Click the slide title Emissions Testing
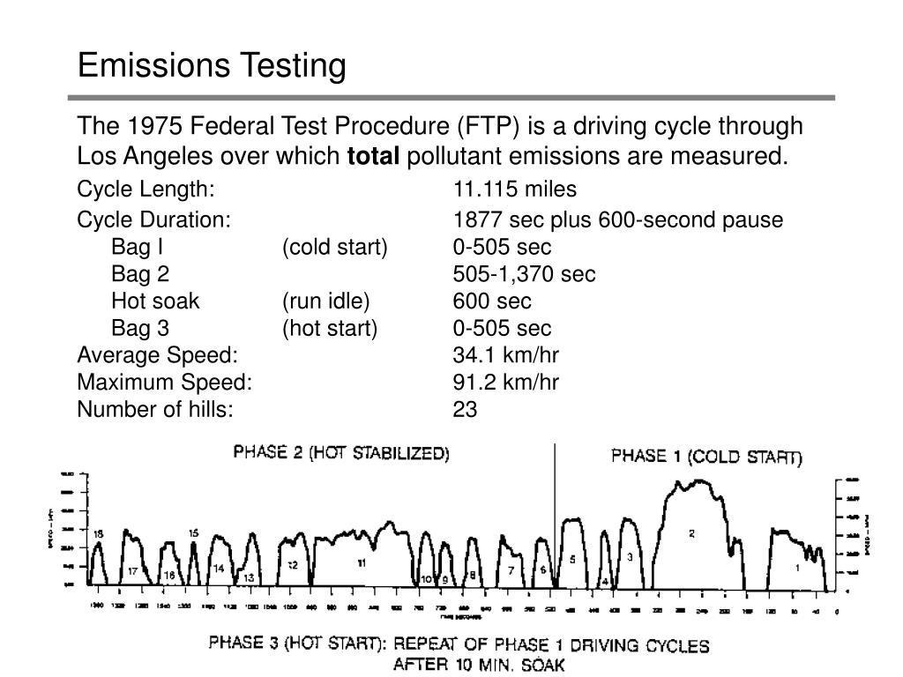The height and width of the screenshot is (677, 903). pos(212,66)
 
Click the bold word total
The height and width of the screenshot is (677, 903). pos(374,157)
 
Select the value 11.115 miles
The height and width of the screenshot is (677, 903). pos(514,190)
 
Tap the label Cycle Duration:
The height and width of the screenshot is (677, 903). pos(154,219)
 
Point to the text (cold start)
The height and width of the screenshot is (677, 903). pos(335,247)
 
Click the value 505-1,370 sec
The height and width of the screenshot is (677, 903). pos(524,274)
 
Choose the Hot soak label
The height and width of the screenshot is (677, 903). pos(155,301)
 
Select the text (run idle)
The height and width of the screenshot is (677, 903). pos(326,301)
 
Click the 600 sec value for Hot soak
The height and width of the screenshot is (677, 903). pos(492,301)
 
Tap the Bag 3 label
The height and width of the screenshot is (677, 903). pos(140,329)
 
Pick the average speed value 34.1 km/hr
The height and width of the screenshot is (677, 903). pos(506,355)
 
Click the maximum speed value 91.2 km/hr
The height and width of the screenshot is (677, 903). pos(506,382)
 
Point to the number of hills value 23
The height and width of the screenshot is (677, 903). pos(465,409)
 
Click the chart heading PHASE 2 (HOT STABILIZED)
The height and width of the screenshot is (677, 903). pos(341,454)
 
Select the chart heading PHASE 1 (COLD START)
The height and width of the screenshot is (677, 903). pos(707,457)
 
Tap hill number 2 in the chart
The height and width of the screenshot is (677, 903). pos(692,533)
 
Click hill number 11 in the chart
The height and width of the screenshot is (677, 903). pos(362,562)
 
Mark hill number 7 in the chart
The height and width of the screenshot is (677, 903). pos(511,570)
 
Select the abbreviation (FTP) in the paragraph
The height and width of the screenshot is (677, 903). pos(489,127)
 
